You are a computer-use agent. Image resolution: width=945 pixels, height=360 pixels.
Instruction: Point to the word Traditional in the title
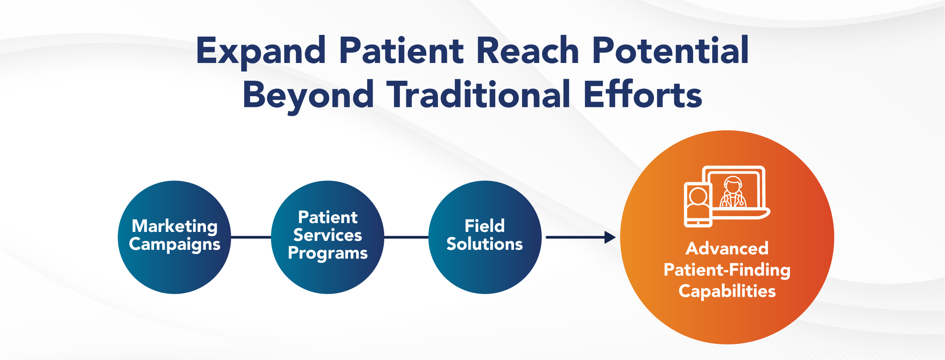(x=478, y=94)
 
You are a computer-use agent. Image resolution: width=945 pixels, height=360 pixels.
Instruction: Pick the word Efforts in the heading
(x=642, y=94)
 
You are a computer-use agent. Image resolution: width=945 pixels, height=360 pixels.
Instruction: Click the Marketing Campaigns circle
(x=174, y=237)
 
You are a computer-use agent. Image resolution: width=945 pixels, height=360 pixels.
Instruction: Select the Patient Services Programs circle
(x=328, y=237)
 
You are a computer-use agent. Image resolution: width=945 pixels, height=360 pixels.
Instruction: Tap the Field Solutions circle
(x=485, y=237)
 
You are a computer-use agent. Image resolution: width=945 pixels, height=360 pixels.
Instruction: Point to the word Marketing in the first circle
(x=174, y=226)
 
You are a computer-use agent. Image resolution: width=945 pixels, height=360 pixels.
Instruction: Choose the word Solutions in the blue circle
(x=485, y=244)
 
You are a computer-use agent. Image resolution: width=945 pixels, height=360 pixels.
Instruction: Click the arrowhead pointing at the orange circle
(x=610, y=237)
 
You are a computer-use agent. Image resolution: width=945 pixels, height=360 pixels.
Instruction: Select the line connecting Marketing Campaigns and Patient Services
(x=251, y=237)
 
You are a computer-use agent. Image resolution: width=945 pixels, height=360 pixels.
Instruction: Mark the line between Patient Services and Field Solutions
(x=406, y=237)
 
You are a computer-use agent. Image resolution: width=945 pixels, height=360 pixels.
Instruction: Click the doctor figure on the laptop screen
(x=733, y=192)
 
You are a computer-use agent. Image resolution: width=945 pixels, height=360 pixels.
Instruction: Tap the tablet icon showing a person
(x=698, y=205)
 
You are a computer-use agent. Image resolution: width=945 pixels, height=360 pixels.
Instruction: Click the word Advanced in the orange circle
(x=727, y=249)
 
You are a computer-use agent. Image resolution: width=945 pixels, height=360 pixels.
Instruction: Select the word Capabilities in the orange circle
(x=727, y=291)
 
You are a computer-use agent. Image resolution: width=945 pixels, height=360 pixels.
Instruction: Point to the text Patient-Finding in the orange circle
(x=727, y=270)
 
